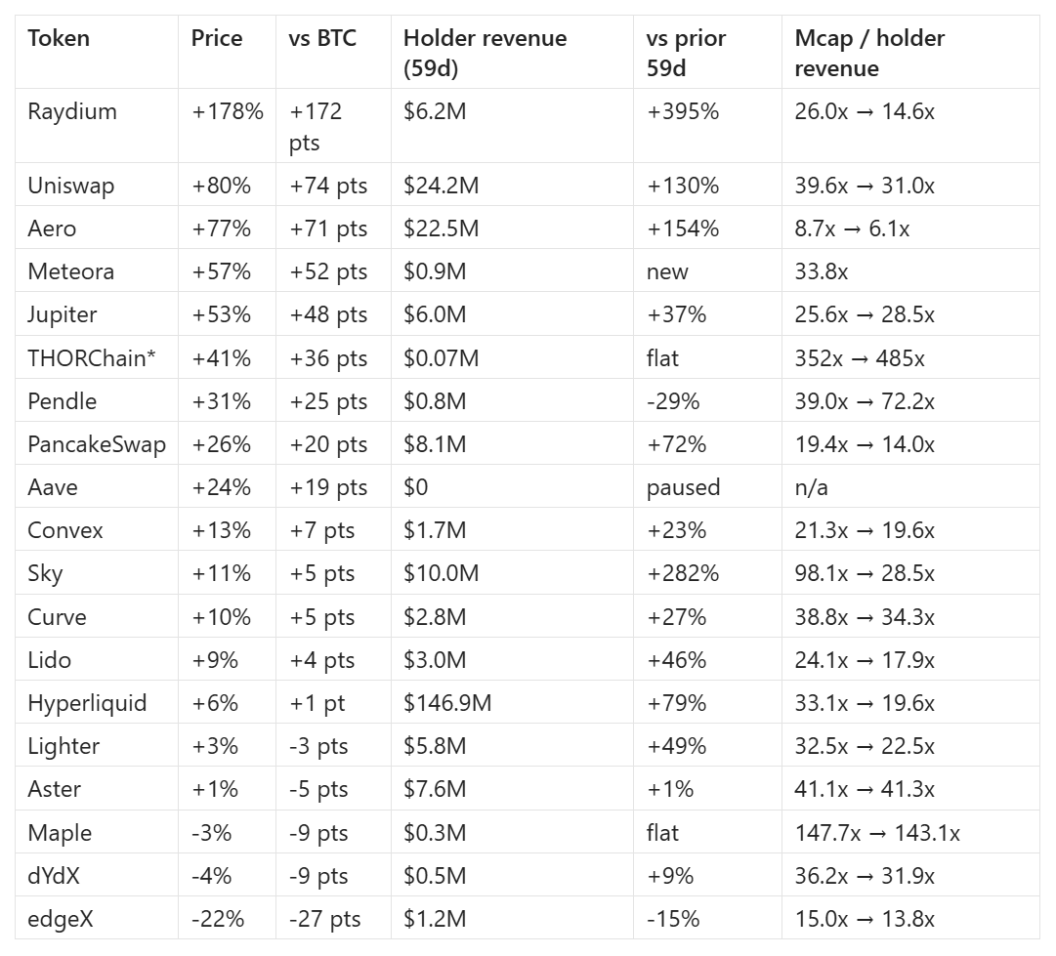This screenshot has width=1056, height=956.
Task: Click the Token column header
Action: (x=59, y=38)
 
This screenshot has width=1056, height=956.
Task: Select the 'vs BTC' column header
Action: (x=322, y=38)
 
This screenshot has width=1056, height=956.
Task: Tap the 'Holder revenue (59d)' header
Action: (x=485, y=53)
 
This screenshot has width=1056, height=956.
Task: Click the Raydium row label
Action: (x=72, y=111)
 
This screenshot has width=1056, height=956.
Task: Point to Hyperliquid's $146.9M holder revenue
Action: (x=447, y=703)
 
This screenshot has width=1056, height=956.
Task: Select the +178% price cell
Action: (x=228, y=111)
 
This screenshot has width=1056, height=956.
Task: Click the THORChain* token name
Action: (x=92, y=358)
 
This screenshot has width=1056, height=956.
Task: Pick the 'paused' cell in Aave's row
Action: (x=684, y=487)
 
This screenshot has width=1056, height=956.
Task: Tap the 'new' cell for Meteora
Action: (x=667, y=272)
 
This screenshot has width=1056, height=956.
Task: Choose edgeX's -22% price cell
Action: (x=218, y=919)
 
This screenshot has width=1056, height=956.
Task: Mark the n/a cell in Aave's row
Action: (x=812, y=487)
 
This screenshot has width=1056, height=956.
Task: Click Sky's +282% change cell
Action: (x=683, y=573)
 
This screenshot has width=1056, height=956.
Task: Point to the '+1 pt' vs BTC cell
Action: (x=317, y=703)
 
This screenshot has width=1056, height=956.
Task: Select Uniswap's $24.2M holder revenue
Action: (x=442, y=186)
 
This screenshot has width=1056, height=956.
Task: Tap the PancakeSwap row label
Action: (x=97, y=445)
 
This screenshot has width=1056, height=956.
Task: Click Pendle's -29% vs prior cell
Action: (x=673, y=401)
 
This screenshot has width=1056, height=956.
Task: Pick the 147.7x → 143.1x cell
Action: (x=877, y=833)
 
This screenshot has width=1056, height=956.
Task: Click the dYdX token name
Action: (x=54, y=876)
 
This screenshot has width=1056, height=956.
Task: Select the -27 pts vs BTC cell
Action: (x=325, y=920)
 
